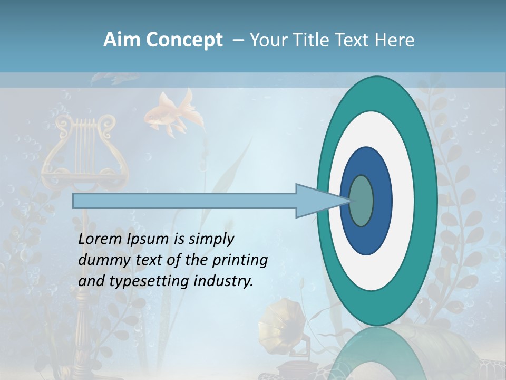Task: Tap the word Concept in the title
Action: pos(184,40)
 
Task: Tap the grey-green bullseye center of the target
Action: pos(361,201)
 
